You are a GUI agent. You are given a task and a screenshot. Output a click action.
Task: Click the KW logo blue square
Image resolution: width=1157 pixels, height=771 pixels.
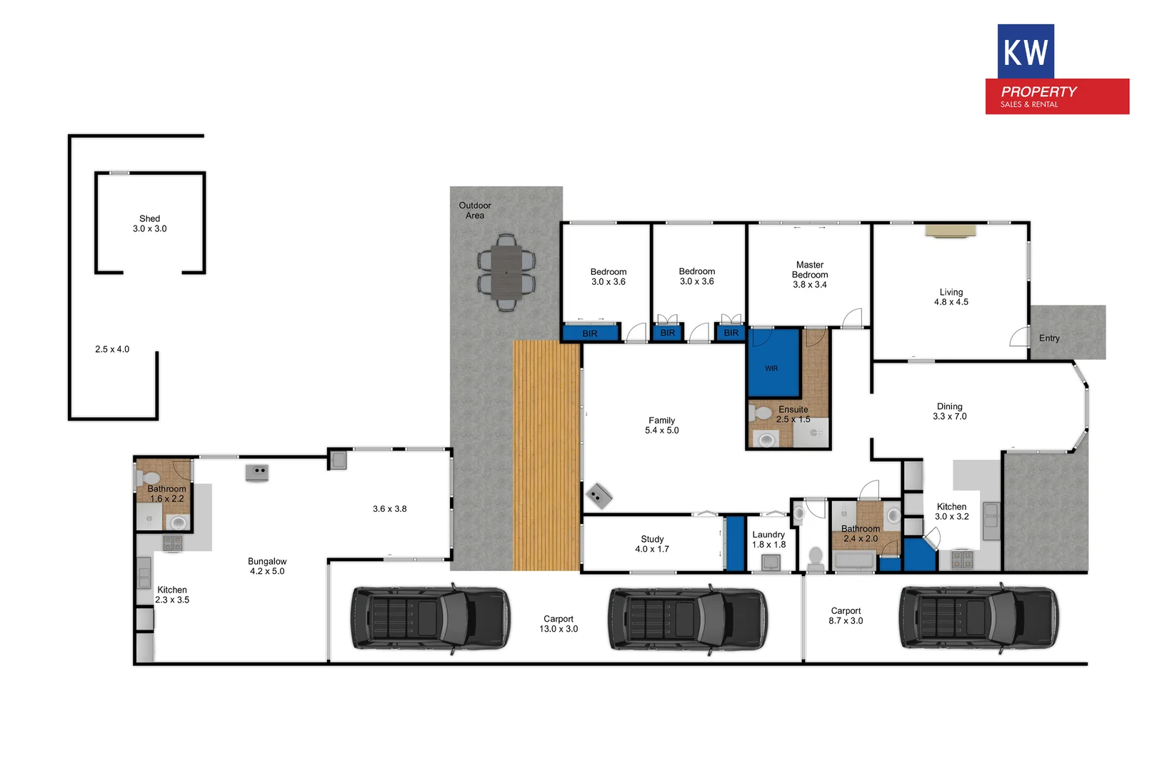click(x=1026, y=51)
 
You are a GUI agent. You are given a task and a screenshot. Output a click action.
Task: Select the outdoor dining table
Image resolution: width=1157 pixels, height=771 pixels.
click(x=506, y=272)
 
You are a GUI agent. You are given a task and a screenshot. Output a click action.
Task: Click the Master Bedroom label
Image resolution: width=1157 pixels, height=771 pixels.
click(x=810, y=274)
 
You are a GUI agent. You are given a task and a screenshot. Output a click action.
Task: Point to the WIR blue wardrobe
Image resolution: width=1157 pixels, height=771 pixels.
click(x=773, y=363)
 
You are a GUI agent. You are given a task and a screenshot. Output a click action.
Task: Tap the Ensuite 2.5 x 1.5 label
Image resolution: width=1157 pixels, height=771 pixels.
click(x=793, y=415)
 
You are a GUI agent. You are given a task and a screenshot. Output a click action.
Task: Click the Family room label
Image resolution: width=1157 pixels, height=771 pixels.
click(x=661, y=425)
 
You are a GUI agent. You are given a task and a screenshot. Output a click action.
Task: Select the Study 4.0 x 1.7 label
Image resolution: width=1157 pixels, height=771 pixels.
click(x=652, y=544)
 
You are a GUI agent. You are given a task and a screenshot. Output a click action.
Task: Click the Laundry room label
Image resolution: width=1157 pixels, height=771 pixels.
click(x=768, y=540)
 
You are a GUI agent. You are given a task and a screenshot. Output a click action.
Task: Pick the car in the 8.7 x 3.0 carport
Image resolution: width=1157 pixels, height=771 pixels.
click(x=978, y=618)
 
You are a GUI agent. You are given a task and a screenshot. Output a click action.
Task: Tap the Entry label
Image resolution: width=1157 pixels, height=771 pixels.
click(x=1049, y=338)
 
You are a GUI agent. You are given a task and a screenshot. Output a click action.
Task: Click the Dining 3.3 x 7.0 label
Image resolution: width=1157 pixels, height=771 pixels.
click(x=949, y=411)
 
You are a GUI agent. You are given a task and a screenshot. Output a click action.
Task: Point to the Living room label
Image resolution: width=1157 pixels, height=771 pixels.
click(x=951, y=297)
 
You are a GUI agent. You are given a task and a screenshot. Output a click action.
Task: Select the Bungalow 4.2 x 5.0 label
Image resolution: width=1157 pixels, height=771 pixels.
click(x=267, y=566)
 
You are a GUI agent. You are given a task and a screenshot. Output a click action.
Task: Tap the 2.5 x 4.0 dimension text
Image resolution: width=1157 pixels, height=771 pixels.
click(x=112, y=349)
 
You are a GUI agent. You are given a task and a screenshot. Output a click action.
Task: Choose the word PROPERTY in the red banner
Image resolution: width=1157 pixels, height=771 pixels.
click(x=1038, y=91)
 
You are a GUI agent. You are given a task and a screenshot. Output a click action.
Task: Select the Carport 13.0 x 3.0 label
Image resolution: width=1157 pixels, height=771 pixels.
click(x=559, y=624)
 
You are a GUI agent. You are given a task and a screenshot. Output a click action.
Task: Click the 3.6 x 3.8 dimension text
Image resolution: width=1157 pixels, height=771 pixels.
click(x=389, y=509)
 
